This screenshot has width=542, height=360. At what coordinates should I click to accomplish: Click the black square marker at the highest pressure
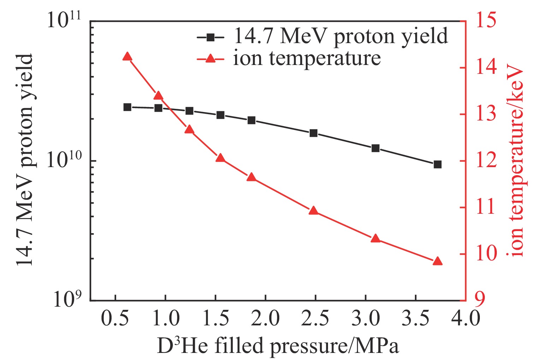pos(437,164)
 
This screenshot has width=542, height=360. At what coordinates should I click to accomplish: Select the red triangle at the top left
pos(127,57)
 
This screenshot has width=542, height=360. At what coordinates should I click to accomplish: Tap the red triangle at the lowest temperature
pos(437,261)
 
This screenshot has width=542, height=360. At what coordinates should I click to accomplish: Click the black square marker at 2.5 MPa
pos(314,133)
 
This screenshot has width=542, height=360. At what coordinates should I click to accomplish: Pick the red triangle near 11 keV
pos(314,211)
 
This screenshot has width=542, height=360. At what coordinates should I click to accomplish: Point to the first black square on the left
pos(127,107)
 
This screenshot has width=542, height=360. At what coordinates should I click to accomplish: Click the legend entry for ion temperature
pos(306,58)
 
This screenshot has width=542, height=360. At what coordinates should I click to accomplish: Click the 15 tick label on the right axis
pos(486,20)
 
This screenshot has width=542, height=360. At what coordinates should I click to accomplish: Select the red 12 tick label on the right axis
pos(486,161)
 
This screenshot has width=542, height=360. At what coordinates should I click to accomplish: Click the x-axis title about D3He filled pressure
pos(278,346)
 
